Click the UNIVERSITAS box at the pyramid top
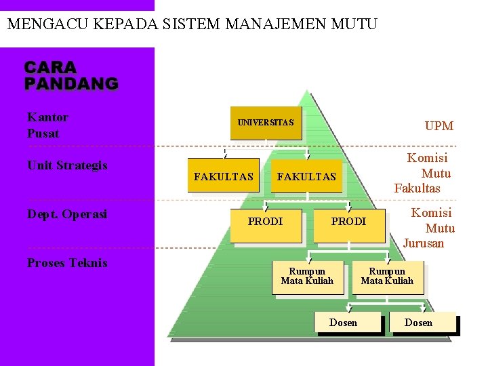[x=266, y=123]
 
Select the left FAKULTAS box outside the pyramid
[x=223, y=176]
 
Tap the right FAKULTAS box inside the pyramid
[x=306, y=177]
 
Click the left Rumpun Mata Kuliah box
[x=307, y=277]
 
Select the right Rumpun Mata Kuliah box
[x=387, y=277]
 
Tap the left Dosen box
[x=343, y=323]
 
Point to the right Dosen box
[x=418, y=323]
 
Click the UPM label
[x=439, y=126]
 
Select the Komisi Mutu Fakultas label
[x=423, y=173]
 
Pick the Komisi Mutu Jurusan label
[x=429, y=228]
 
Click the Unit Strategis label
[x=67, y=165]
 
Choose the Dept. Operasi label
[x=67, y=214]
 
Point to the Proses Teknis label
[x=67, y=263]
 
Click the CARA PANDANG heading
[x=71, y=76]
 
